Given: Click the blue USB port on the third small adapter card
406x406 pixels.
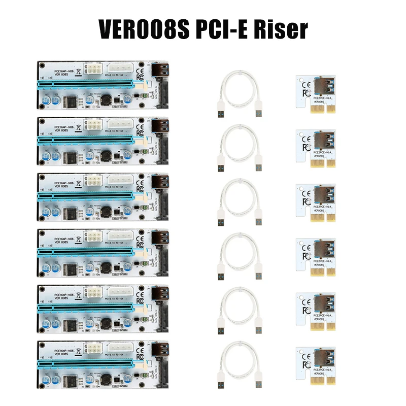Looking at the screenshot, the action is pyautogui.click(x=323, y=196).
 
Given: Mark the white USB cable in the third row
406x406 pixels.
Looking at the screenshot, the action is pyautogui.click(x=240, y=203).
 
